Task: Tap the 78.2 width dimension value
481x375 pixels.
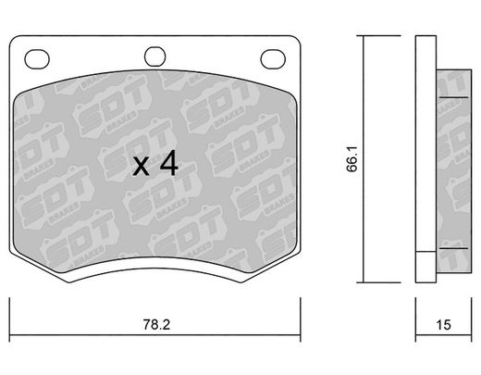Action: click(x=156, y=325)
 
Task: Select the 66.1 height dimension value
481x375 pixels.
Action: click(x=351, y=159)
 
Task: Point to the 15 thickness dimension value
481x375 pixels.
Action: click(x=443, y=325)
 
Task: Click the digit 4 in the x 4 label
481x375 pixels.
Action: click(x=169, y=163)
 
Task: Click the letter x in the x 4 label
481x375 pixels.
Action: click(x=141, y=167)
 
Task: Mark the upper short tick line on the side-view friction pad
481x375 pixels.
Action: click(x=453, y=97)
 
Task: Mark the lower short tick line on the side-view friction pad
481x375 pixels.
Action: click(x=453, y=248)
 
